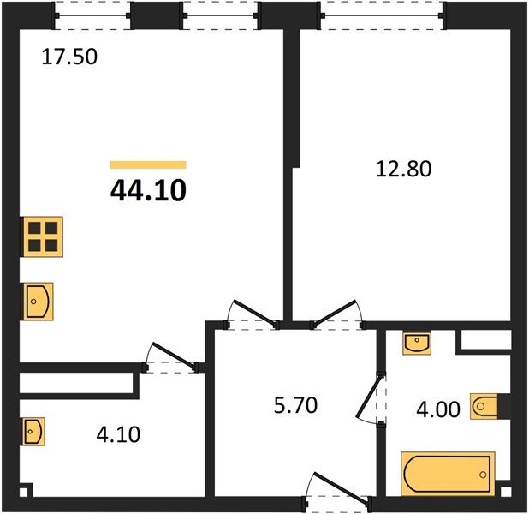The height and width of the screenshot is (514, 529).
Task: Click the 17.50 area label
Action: pyautogui.click(x=69, y=58)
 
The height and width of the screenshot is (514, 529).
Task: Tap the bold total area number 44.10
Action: pyautogui.click(x=148, y=190)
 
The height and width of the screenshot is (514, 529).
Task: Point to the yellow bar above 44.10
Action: pyautogui.click(x=148, y=164)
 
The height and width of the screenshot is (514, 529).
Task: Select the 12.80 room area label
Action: pyautogui.click(x=403, y=169)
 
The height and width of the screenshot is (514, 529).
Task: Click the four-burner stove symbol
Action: pyautogui.click(x=41, y=236)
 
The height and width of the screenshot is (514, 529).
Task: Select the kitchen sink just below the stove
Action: pyautogui.click(x=38, y=301)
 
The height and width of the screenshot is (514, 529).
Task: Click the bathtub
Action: pyautogui.click(x=447, y=473)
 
